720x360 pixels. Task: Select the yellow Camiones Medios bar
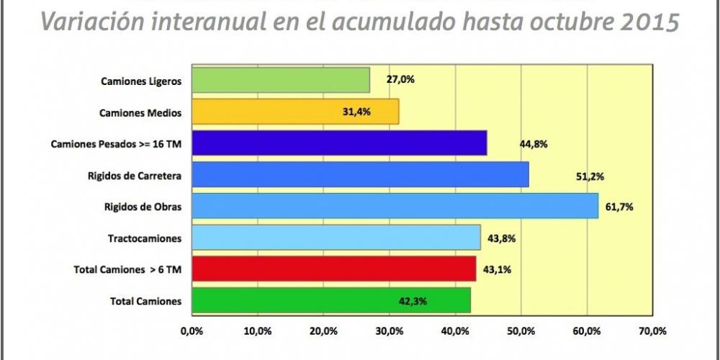pos(294,112)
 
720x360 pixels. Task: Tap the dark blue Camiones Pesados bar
pos(338,143)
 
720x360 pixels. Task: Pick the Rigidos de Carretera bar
pos(359,175)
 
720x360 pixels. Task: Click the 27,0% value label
pos(400,80)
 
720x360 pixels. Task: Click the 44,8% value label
pos(534,144)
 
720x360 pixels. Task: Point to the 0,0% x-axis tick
pos(191,331)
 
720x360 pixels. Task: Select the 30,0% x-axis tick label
pos(389,331)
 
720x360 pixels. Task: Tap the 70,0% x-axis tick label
pos(652,331)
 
